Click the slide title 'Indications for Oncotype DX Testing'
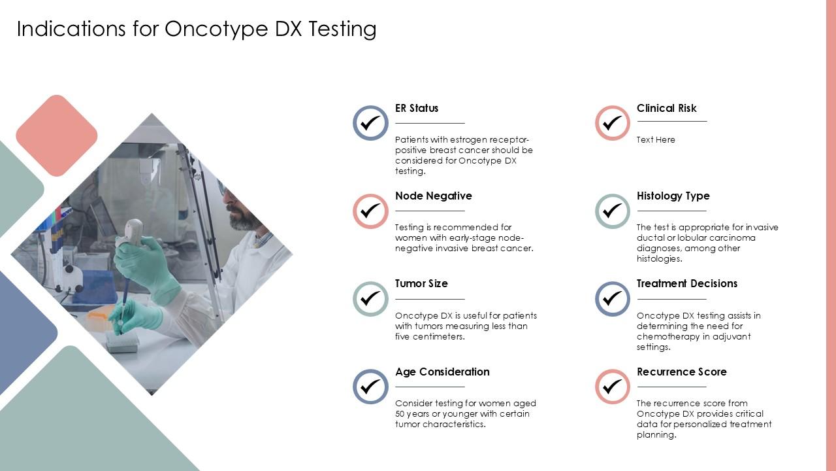pyautogui.click(x=197, y=29)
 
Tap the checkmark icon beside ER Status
pyautogui.click(x=370, y=123)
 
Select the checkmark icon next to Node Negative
pyautogui.click(x=370, y=211)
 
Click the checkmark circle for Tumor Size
pyautogui.click(x=370, y=299)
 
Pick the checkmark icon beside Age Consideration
pyautogui.click(x=370, y=387)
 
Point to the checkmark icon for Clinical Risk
pyautogui.click(x=613, y=123)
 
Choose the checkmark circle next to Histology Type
pyautogui.click(x=613, y=211)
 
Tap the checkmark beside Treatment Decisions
pyautogui.click(x=613, y=299)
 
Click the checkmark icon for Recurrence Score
pyautogui.click(x=613, y=387)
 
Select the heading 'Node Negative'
pyautogui.click(x=433, y=196)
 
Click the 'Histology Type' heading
pyautogui.click(x=673, y=196)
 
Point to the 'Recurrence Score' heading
pyautogui.click(x=681, y=372)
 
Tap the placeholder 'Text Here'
pyautogui.click(x=656, y=140)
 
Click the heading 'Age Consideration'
pyautogui.click(x=442, y=372)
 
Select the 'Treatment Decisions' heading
pyautogui.click(x=686, y=283)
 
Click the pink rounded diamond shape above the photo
pyautogui.click(x=57, y=135)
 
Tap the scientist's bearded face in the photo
pyautogui.click(x=242, y=209)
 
